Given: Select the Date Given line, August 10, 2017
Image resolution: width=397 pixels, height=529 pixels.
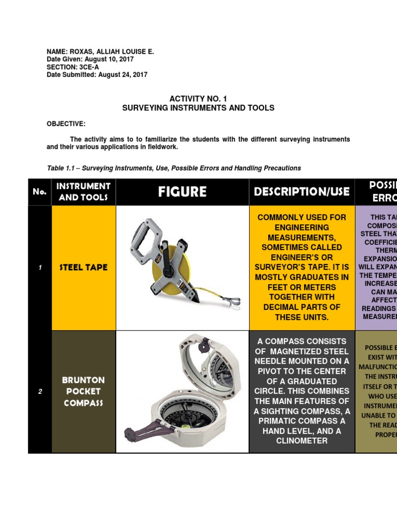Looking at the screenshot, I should [90, 59].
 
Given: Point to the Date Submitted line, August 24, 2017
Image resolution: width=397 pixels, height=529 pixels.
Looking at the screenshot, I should [97, 75].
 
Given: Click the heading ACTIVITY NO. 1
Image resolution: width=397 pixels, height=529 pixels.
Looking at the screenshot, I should [198, 98].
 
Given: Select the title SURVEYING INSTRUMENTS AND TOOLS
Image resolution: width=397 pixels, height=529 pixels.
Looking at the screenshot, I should [198, 108].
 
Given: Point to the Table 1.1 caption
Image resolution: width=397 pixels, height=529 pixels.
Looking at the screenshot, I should [174, 168].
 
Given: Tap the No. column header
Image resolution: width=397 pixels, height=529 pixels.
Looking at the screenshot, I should [39, 192].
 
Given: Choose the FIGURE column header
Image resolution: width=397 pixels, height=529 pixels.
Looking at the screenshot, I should [182, 192].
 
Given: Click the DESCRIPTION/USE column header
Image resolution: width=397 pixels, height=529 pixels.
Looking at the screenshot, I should [302, 192].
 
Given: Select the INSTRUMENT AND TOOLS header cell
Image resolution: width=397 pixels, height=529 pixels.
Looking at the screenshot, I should [83, 192].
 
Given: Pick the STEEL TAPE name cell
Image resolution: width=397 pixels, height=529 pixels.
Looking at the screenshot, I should [83, 268].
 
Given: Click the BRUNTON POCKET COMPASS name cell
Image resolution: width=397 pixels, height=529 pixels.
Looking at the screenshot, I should [83, 391].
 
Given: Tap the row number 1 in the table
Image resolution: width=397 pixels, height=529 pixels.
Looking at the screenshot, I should [39, 268].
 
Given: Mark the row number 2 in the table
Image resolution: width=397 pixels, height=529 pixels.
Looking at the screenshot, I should [39, 391].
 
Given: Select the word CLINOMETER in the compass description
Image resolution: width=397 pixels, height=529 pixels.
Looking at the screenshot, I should [302, 441].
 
